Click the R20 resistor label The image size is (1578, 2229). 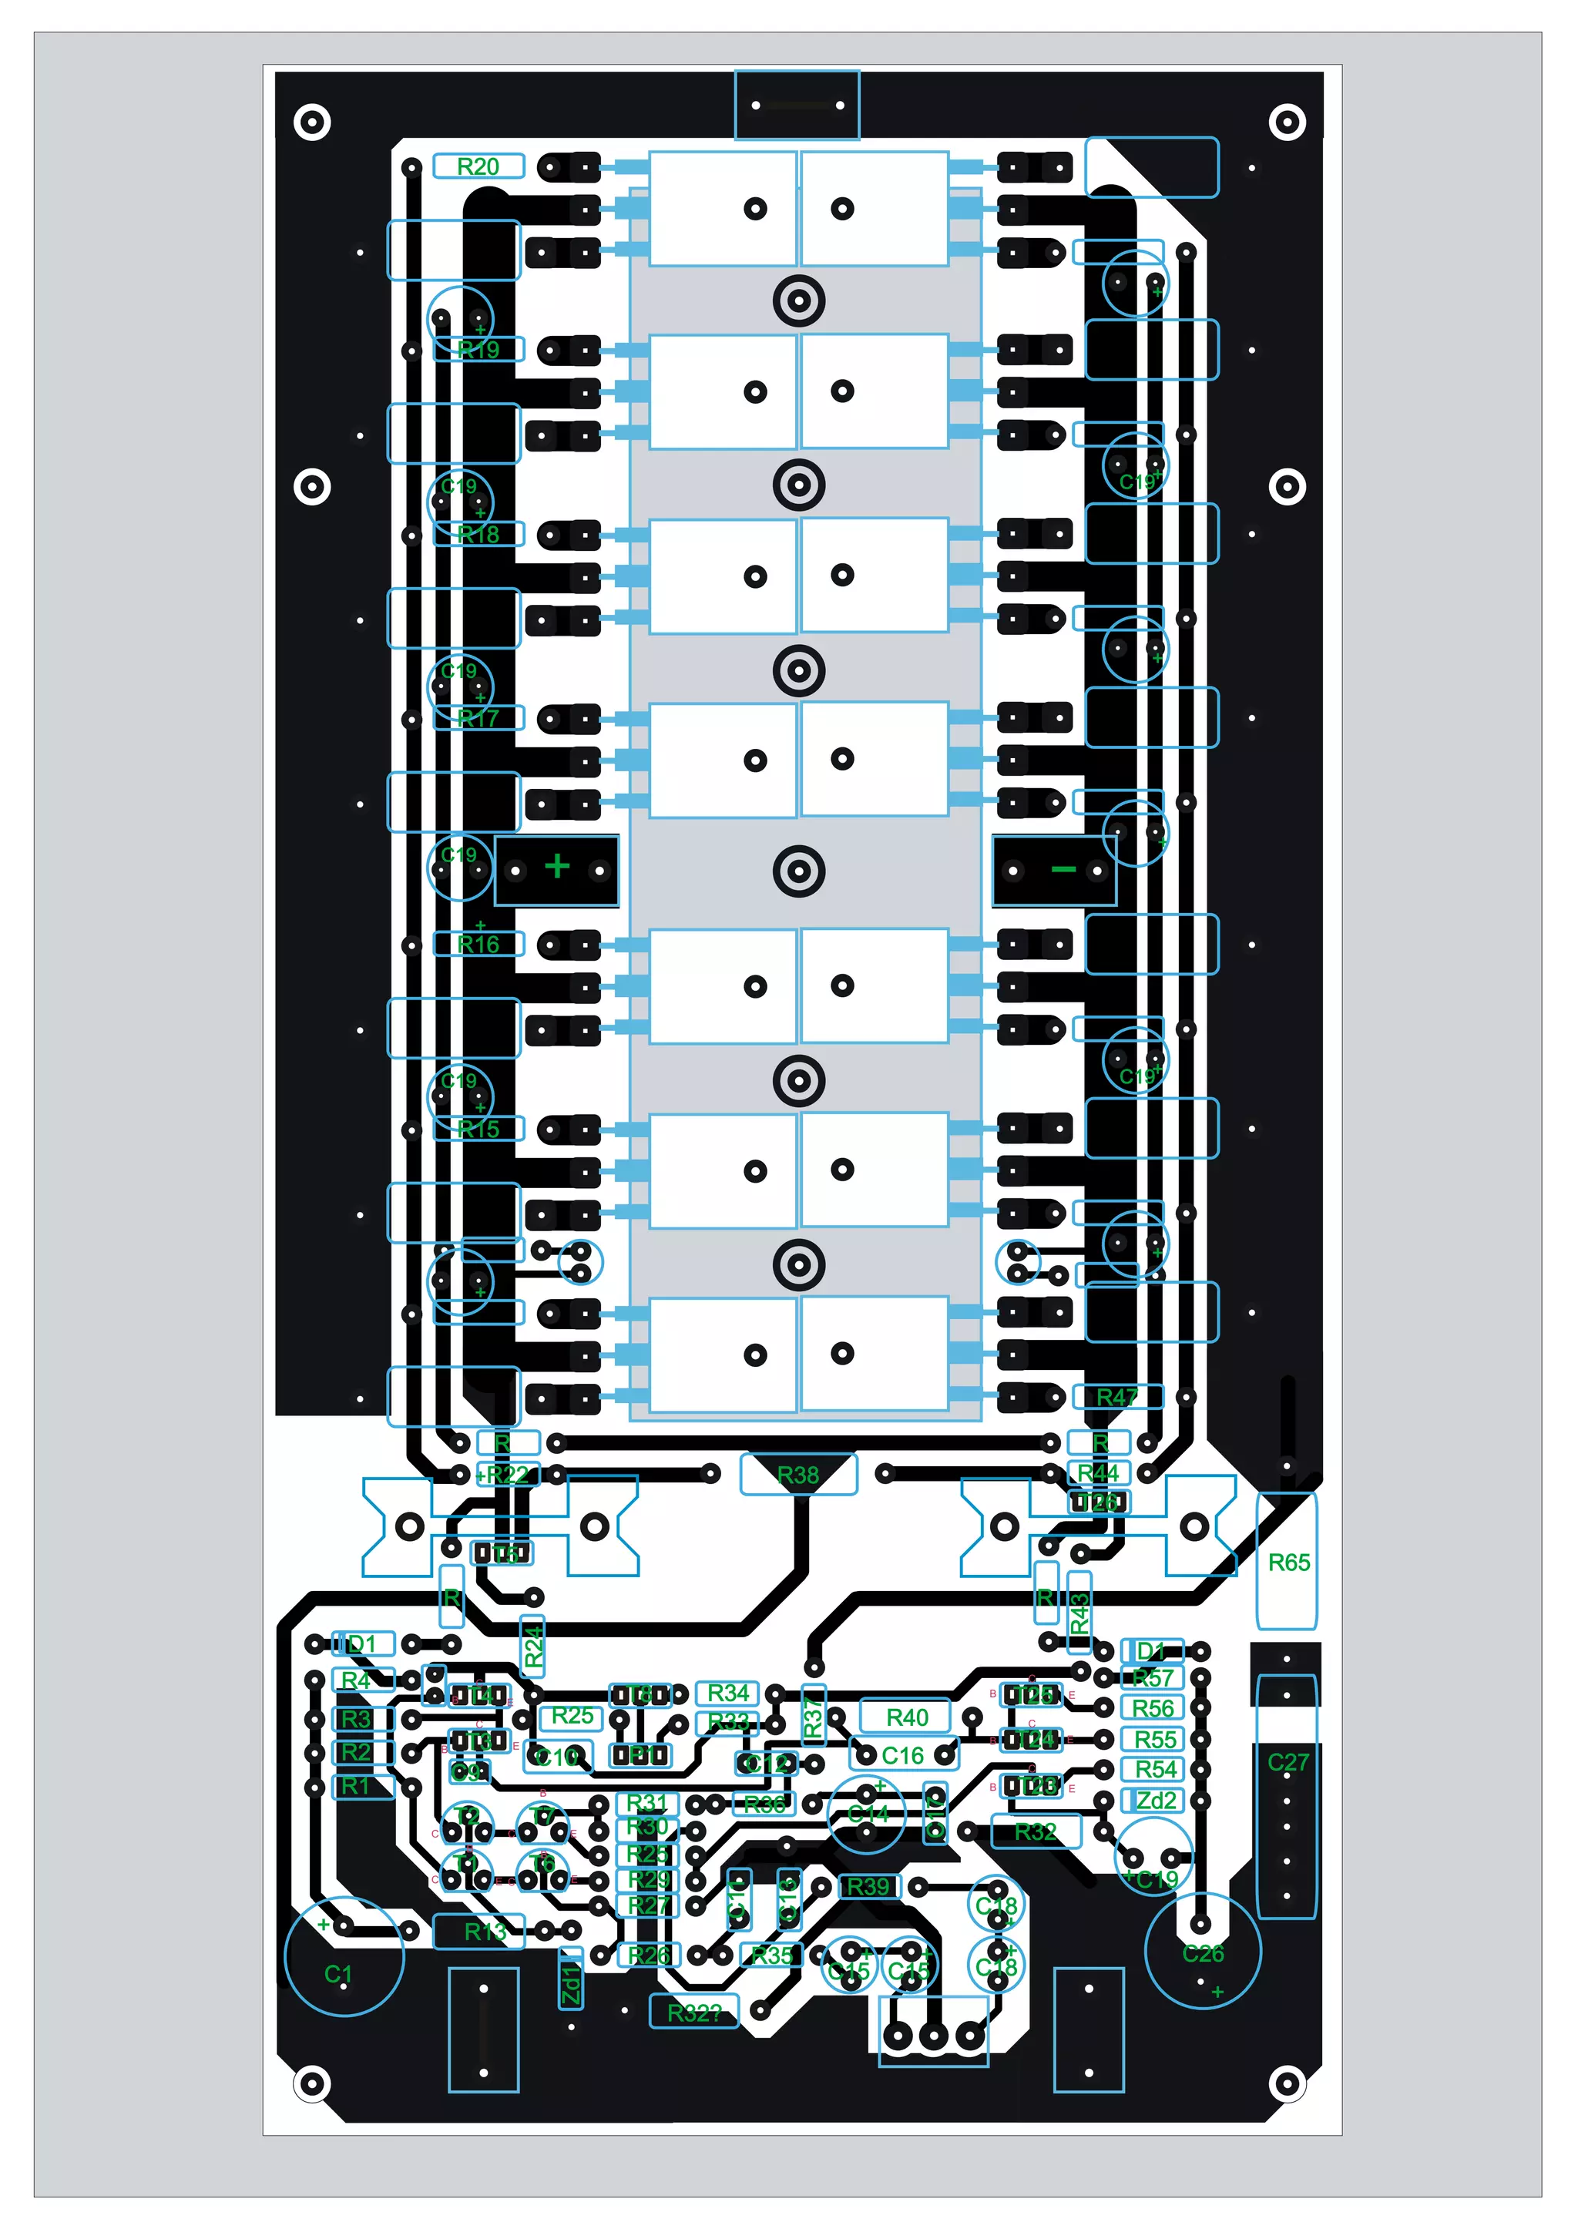point(477,166)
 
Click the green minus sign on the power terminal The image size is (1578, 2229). point(1063,868)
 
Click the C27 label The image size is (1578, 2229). point(1288,1761)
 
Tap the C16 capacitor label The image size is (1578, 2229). point(903,1756)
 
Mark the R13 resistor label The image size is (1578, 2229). point(484,1932)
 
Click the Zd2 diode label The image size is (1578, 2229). point(1155,1801)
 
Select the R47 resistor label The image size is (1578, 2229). point(1116,1397)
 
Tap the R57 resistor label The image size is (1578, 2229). point(1153,1678)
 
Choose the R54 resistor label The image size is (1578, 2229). point(1155,1769)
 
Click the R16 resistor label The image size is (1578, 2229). point(478,945)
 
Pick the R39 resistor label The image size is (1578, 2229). point(868,1887)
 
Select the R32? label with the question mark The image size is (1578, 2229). point(693,2012)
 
